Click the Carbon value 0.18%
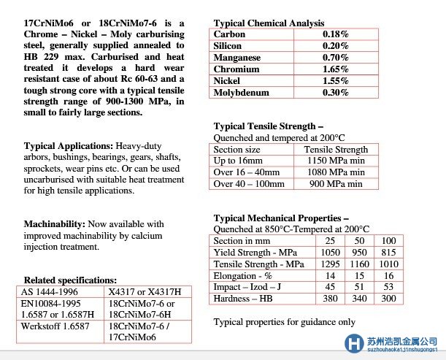335,34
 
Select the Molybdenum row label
241,93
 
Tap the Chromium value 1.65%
335,69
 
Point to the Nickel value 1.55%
335,81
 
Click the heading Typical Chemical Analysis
269,23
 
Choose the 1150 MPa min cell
335,161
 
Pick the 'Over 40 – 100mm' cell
249,184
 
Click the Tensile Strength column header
335,150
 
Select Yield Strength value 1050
331,252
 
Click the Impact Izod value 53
388,287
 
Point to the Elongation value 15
360,275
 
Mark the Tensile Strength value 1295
331,264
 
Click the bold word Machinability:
55,224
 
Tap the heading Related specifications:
70,280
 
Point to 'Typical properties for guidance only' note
284,322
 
